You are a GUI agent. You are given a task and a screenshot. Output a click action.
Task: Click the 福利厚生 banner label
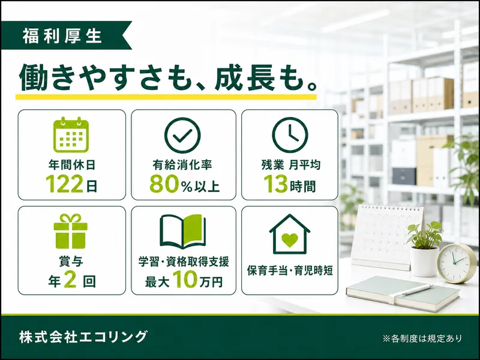tap(62, 36)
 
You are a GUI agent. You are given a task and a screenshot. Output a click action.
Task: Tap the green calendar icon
tap(71, 134)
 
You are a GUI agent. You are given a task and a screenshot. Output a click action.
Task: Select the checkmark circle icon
tap(182, 135)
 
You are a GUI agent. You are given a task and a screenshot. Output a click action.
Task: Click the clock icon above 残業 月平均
tap(290, 134)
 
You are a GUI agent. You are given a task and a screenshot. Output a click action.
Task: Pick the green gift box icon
tap(71, 231)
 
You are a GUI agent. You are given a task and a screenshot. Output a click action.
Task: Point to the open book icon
tap(183, 232)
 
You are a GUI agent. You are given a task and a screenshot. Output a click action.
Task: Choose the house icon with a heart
tap(290, 234)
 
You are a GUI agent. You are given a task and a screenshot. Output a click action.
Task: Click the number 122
tap(65, 184)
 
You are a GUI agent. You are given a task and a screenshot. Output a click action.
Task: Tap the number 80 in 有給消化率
tap(164, 184)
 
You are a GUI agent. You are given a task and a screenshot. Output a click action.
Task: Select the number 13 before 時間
tap(276, 184)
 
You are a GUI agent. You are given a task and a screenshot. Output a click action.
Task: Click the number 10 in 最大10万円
tap(185, 280)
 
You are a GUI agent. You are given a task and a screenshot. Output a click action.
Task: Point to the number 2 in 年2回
tap(70, 280)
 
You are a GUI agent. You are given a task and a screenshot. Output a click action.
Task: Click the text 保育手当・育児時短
tap(290, 271)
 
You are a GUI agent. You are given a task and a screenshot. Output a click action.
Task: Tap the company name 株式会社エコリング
tap(83, 337)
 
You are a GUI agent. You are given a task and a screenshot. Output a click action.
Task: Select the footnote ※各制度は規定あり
tap(422, 338)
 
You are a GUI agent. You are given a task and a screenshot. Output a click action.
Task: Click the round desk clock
tap(457, 263)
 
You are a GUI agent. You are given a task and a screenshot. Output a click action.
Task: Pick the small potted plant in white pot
tap(425, 248)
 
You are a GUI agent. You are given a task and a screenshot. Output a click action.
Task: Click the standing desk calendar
tap(386, 236)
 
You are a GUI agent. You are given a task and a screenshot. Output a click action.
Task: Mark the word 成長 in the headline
tap(244, 77)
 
